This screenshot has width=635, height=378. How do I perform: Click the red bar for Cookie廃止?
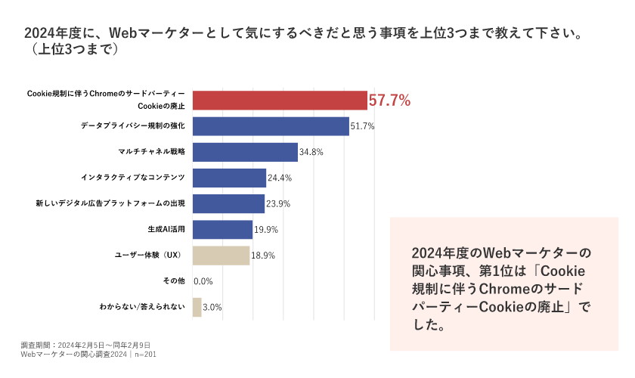pyautogui.click(x=280, y=101)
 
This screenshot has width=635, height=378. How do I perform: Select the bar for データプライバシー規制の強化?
pyautogui.click(x=271, y=126)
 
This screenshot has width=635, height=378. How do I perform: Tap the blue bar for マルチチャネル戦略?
pyautogui.click(x=245, y=152)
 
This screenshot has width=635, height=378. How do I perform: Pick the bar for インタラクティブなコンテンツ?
pyautogui.click(x=229, y=178)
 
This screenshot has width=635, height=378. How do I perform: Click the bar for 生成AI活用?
pyautogui.click(x=222, y=229)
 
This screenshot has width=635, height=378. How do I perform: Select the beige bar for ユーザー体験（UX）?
pyautogui.click(x=221, y=256)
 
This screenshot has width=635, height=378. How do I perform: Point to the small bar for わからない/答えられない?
pyautogui.click(x=197, y=307)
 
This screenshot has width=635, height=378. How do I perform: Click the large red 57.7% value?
pyautogui.click(x=389, y=101)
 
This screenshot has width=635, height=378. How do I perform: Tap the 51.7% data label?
pyautogui.click(x=362, y=126)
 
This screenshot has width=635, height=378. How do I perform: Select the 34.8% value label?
pyautogui.click(x=311, y=152)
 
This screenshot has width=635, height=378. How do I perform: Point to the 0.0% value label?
pyautogui.click(x=203, y=281)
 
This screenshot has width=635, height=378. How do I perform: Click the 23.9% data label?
pyautogui.click(x=278, y=203)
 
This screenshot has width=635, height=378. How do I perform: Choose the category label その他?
pyautogui.click(x=174, y=281)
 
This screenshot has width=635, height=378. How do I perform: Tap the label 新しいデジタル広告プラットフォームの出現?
pyautogui.click(x=110, y=203)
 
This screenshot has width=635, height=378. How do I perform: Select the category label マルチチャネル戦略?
pyautogui.click(x=152, y=152)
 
